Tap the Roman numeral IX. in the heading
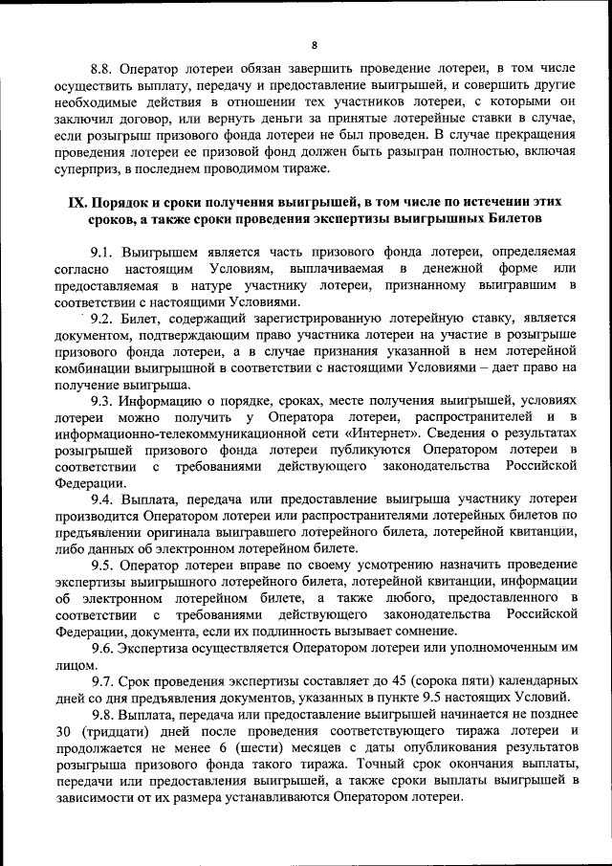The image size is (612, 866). pos(76,203)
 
